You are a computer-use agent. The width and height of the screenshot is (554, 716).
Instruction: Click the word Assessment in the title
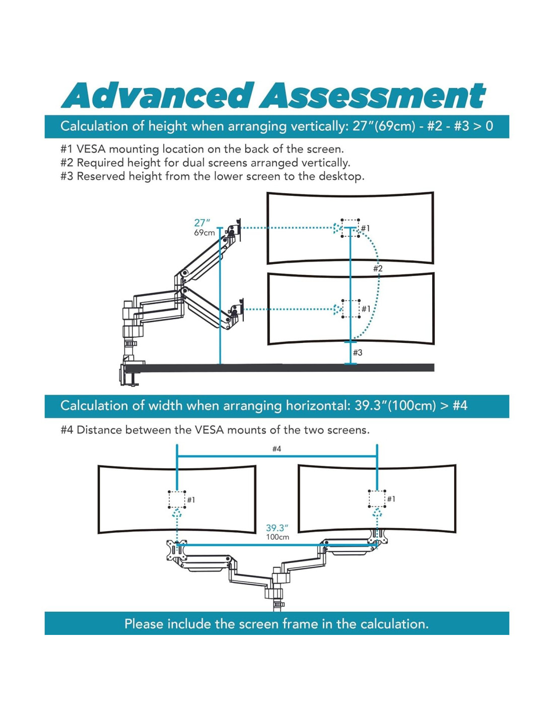point(373,96)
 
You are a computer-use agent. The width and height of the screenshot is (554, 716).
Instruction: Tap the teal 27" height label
point(202,223)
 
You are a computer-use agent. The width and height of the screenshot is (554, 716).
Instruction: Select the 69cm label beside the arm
point(204,233)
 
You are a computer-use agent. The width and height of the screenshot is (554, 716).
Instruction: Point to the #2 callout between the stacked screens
point(378,268)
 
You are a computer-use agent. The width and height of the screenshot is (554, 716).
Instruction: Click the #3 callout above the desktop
point(358,352)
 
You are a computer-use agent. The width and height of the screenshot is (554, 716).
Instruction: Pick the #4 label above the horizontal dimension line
point(276,449)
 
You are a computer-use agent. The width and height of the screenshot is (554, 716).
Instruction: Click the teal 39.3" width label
point(277,528)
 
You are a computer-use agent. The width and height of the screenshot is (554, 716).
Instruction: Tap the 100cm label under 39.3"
point(278,537)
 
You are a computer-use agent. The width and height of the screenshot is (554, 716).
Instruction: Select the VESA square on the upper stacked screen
point(350,228)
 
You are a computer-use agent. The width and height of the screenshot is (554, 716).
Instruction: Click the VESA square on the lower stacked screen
point(351,309)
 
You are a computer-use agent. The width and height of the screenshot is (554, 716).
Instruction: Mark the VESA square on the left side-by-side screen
point(177,499)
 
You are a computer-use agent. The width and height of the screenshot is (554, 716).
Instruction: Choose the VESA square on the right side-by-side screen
point(377,498)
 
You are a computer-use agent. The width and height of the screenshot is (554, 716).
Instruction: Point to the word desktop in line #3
point(340,176)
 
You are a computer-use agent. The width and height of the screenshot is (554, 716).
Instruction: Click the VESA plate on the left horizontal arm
point(176,550)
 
